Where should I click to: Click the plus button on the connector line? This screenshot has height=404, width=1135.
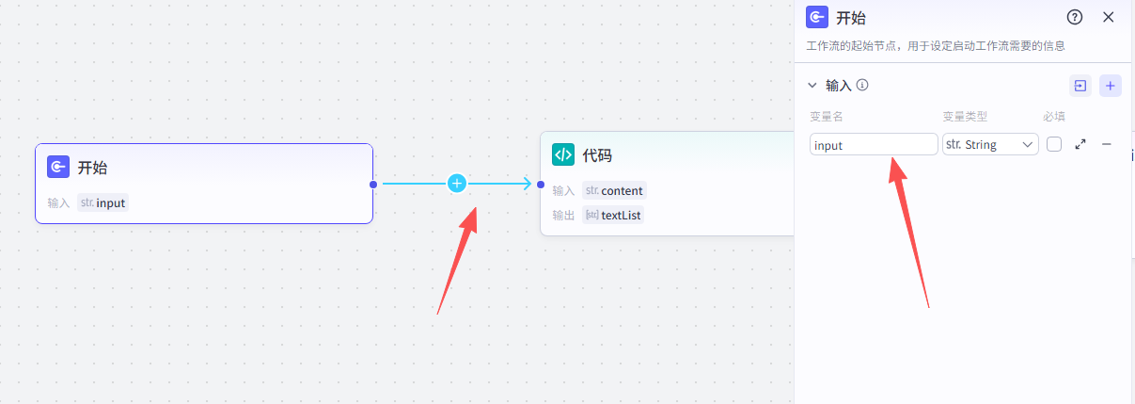pos(457,184)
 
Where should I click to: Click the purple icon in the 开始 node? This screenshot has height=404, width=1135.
pos(57,168)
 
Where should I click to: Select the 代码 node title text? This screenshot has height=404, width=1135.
pos(597,155)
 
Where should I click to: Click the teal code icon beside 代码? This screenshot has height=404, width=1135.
pos(563,155)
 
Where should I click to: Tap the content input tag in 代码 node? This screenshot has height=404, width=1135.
pos(614,190)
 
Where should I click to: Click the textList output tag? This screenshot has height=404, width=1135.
pos(613,215)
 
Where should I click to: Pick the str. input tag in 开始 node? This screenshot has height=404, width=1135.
pos(102,202)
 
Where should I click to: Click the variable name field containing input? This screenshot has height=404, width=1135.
pos(874,145)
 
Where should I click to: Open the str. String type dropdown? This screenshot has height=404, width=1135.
pos(990,145)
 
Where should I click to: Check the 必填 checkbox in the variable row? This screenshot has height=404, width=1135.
pos(1054,145)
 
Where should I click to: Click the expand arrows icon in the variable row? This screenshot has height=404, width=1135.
pos(1080,145)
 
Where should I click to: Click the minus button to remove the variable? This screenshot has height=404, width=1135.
pos(1107,145)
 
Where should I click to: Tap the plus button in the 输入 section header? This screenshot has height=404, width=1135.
pos(1111,86)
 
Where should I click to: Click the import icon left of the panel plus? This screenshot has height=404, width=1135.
pos(1080,86)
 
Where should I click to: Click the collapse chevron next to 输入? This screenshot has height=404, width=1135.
pos(812,86)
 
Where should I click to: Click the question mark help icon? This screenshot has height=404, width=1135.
pos(1075,17)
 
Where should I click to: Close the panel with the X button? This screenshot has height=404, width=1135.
pos(1108,17)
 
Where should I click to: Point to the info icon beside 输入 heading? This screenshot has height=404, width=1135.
pos(862,85)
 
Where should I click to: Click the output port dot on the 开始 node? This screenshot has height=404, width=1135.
pos(373,185)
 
